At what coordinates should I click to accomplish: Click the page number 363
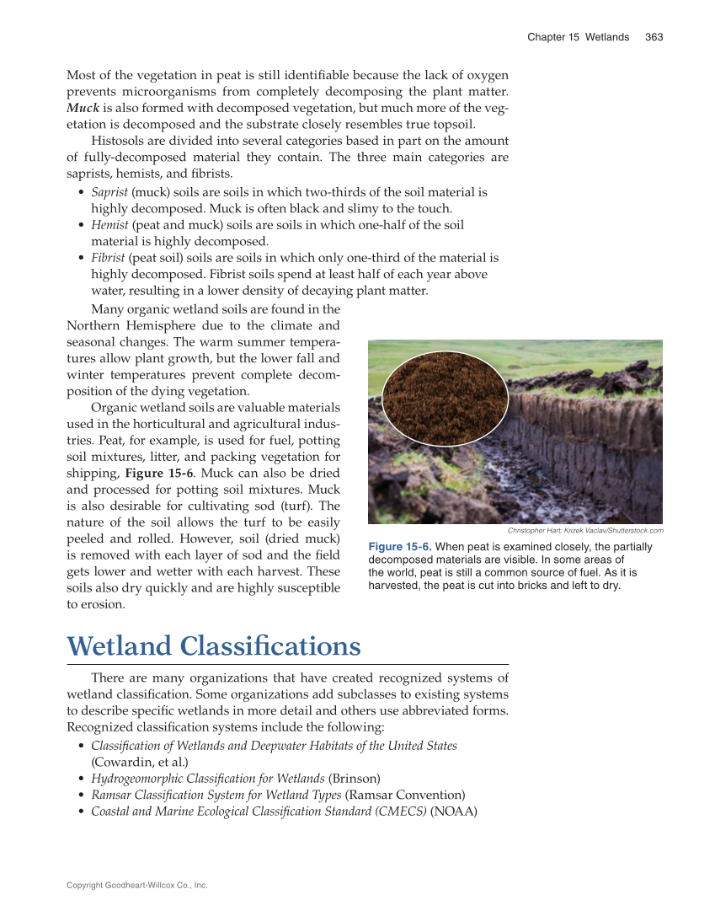tap(654, 37)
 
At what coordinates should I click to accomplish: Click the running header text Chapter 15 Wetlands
tap(578, 37)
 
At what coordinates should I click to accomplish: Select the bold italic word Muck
tap(83, 108)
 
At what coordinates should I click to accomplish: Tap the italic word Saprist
tap(109, 192)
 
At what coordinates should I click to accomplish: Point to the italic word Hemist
tap(109, 225)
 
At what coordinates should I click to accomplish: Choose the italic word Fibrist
tap(109, 258)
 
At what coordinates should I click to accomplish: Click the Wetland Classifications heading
tap(214, 646)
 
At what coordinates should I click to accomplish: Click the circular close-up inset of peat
tap(445, 399)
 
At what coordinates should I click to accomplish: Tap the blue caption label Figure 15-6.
tap(400, 547)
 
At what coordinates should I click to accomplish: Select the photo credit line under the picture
tap(585, 531)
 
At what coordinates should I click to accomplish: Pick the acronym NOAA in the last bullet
tap(454, 812)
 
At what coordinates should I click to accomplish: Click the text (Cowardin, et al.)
tap(138, 762)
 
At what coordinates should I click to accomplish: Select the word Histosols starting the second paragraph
tap(119, 141)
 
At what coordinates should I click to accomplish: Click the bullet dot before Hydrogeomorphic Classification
tap(81, 779)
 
